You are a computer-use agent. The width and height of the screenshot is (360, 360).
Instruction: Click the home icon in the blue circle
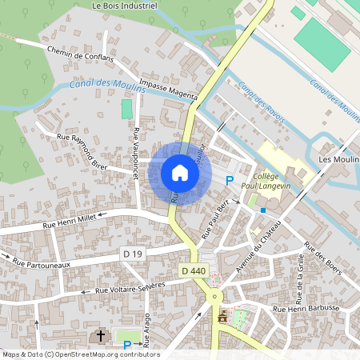[x=179, y=173]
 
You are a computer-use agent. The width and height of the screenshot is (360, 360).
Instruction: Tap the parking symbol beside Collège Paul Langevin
[x=230, y=182]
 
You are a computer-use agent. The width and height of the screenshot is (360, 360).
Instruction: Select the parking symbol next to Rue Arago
[x=126, y=344]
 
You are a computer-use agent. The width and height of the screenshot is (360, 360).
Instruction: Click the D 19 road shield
[x=133, y=254]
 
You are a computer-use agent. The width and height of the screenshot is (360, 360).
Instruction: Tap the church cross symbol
[x=100, y=336]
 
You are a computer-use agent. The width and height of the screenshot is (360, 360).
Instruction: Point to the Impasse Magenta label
[x=168, y=89]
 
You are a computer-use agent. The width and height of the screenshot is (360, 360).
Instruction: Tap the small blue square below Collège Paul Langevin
[x=263, y=210]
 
